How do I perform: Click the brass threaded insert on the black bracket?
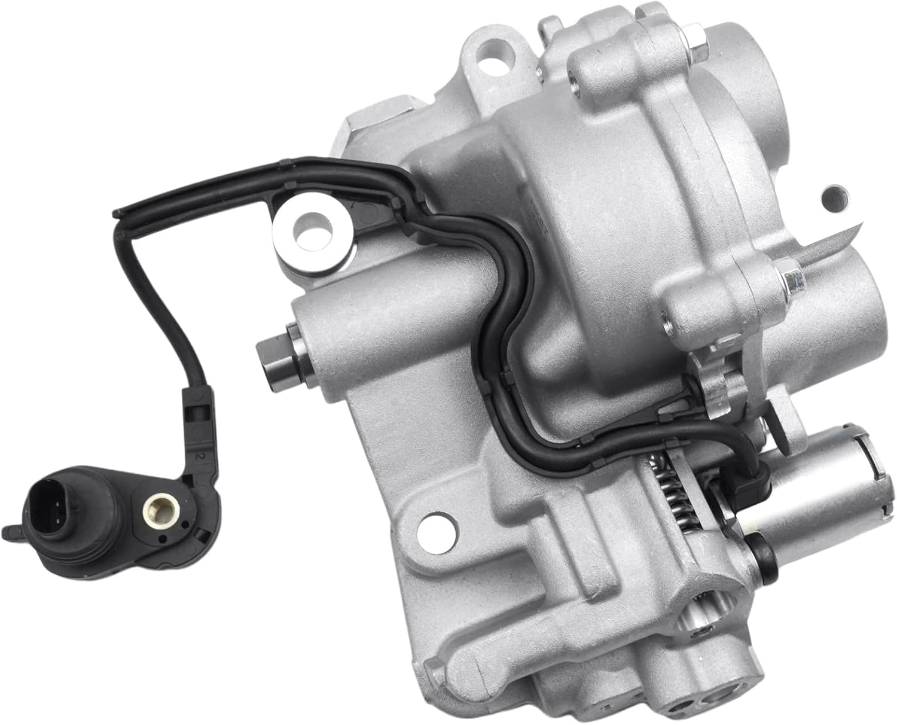point(152,508)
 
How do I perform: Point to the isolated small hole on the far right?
point(834,197)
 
